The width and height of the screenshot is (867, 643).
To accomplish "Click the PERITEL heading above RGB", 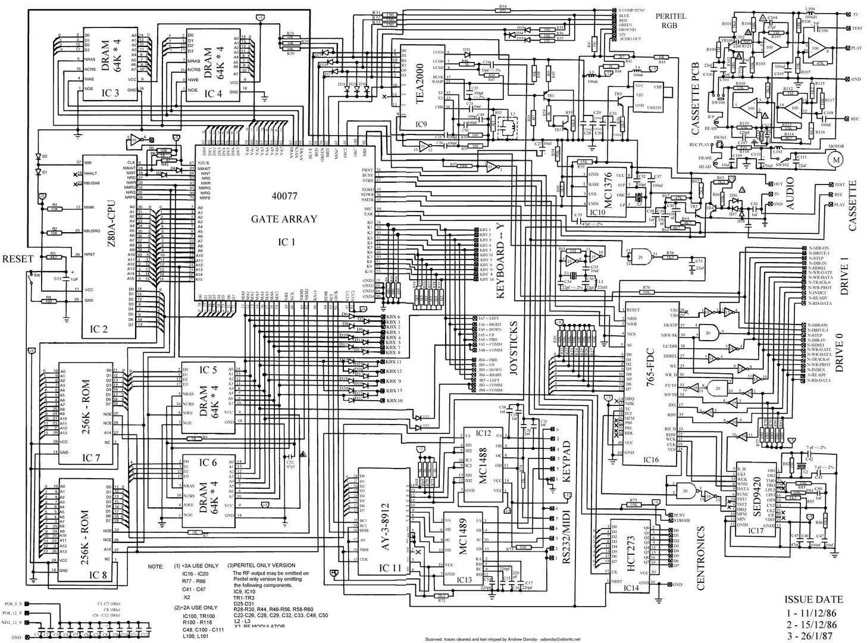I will click(x=670, y=16).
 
